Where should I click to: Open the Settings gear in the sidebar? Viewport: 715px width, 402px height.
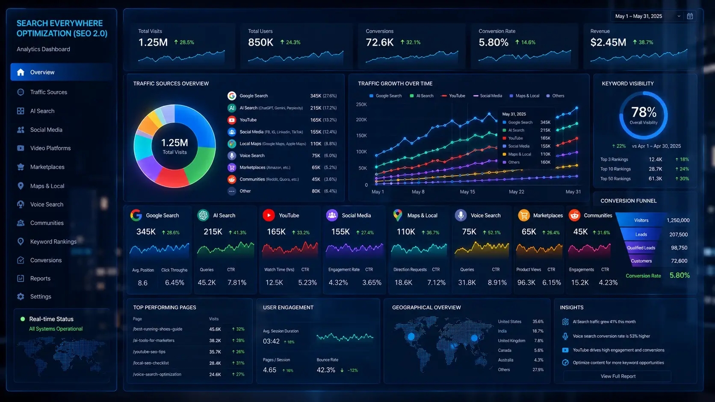[x=21, y=296]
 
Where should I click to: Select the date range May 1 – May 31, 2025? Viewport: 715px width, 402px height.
[x=638, y=16]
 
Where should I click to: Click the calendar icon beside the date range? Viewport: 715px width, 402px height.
[x=690, y=16]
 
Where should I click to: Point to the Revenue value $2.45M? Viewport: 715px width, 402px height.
[x=608, y=42]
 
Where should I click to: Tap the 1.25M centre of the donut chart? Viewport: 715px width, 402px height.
[x=174, y=143]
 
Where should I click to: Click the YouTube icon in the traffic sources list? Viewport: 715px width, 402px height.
[x=232, y=120]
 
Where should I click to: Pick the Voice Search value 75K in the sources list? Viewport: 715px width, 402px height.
[x=316, y=156]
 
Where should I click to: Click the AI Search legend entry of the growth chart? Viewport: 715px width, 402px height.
[x=421, y=96]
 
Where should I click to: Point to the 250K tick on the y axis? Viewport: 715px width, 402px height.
[x=361, y=105]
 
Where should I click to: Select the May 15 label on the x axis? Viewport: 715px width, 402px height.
[x=467, y=192]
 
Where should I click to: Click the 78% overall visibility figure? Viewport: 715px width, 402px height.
[x=644, y=112]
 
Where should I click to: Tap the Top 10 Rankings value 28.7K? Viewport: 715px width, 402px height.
[x=655, y=169]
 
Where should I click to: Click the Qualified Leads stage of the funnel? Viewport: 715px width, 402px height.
[x=641, y=248]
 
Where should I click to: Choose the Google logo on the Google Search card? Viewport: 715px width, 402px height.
[x=136, y=215]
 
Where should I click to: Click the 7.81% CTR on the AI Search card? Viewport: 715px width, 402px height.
[x=236, y=282]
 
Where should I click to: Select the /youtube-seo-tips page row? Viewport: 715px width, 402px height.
[x=189, y=352]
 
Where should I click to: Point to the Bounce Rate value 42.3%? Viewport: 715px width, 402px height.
[x=326, y=370]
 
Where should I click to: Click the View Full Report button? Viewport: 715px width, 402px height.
[x=617, y=376]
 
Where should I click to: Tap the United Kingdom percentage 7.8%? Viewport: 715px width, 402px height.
[x=539, y=341]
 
